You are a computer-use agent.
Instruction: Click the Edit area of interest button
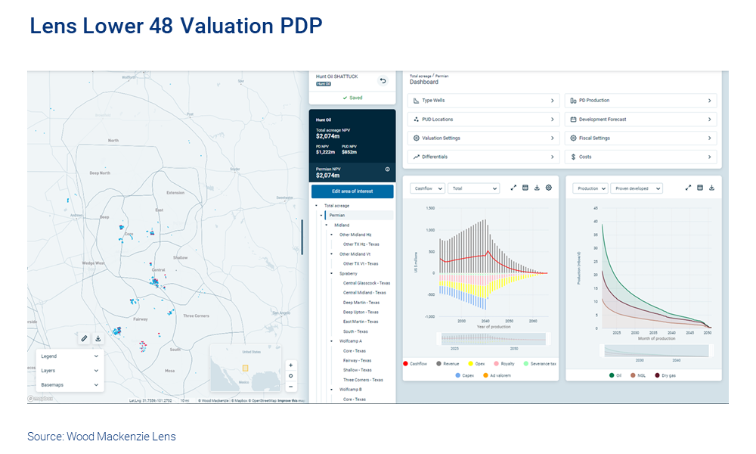(352, 191)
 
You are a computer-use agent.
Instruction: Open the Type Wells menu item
(484, 101)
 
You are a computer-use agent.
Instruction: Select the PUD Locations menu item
(484, 120)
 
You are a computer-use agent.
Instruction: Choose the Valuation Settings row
(484, 138)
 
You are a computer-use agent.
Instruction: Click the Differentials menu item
(484, 157)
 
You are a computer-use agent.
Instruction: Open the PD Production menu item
(640, 101)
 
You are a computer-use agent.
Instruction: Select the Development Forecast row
(640, 120)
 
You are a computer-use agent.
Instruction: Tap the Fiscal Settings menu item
(640, 138)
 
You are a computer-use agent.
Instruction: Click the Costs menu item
(640, 157)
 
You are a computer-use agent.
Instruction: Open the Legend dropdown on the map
(69, 356)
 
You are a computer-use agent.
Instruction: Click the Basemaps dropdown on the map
(69, 385)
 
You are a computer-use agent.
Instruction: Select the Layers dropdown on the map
(69, 371)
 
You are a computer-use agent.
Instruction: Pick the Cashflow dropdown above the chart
(427, 188)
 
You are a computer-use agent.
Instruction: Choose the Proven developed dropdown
(637, 188)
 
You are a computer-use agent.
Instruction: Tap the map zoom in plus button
(291, 365)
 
